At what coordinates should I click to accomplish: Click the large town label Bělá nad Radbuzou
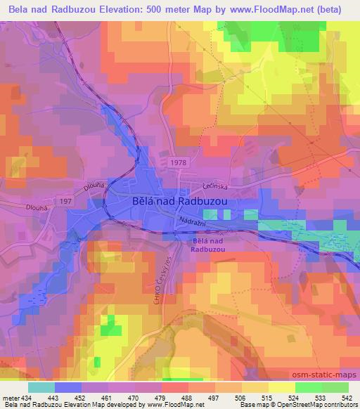tap(182, 200)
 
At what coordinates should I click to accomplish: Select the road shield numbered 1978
tap(177, 162)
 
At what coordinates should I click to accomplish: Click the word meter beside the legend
tap(11, 397)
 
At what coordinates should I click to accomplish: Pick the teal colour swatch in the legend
tap(41, 387)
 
